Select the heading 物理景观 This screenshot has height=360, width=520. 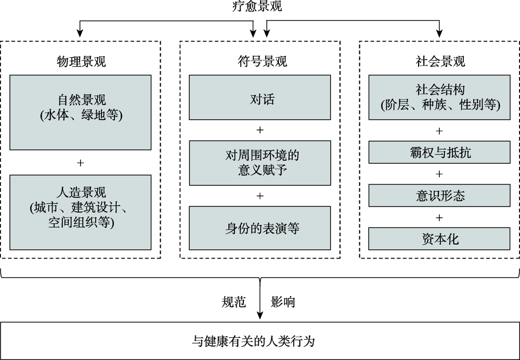[x=81, y=61]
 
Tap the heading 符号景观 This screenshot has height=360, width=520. [x=262, y=61]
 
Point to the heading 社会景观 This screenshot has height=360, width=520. [x=440, y=61]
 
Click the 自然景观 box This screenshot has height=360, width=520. [x=80, y=112]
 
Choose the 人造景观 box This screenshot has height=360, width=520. [x=80, y=212]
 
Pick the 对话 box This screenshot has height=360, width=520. [x=259, y=97]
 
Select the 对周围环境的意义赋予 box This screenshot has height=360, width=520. [x=259, y=163]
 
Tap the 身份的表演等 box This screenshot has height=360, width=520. [x=259, y=228]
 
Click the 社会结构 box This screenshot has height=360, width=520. [x=439, y=97]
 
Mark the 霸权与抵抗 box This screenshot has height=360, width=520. [x=439, y=152]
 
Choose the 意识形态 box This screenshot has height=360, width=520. [x=439, y=196]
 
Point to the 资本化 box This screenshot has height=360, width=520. [x=439, y=239]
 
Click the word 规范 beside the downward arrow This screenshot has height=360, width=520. [x=234, y=302]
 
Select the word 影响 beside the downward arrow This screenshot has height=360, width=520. [x=283, y=302]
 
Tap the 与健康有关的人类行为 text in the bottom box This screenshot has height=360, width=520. [x=253, y=341]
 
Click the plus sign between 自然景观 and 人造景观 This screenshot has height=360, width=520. [x=80, y=163]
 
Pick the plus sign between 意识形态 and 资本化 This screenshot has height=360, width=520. [x=439, y=217]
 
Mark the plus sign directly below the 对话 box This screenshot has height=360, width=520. [x=260, y=130]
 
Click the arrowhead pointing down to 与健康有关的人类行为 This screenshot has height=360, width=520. [x=260, y=315]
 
